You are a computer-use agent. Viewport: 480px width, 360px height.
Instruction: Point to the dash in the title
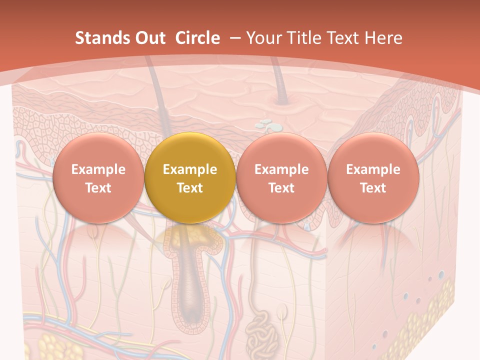coord(233,38)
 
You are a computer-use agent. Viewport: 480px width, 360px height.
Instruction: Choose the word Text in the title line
coord(345,38)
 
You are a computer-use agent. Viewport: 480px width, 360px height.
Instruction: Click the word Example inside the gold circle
coord(190,169)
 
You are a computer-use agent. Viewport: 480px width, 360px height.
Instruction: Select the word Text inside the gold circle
coord(190,188)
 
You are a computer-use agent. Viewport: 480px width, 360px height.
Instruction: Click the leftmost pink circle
coord(98,178)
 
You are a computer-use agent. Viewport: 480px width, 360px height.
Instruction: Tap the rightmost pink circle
coord(373,178)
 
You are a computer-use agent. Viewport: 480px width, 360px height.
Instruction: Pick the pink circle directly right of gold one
coord(281,178)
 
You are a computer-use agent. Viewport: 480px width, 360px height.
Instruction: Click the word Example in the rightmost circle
coord(373,169)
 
